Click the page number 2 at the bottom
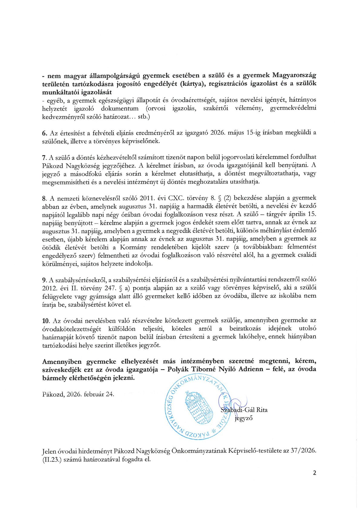coord(315,473)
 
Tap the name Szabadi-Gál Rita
coord(244,410)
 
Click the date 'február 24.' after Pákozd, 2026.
coord(99,394)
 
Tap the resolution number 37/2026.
coord(303,451)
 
